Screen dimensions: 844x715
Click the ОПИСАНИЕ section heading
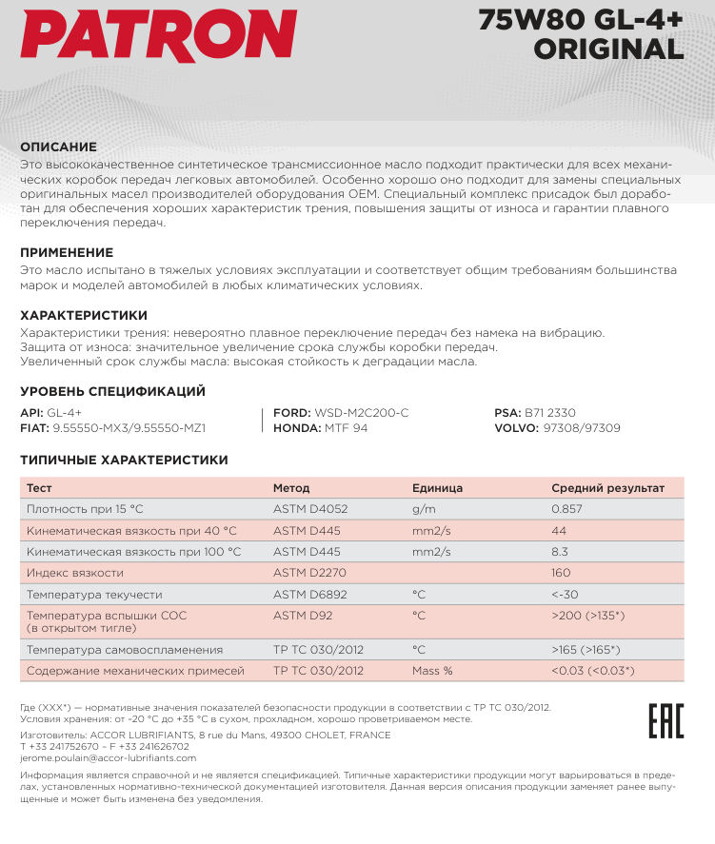(x=59, y=147)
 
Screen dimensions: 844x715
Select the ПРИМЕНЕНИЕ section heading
(x=67, y=253)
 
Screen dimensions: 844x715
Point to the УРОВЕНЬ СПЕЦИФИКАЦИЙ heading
(x=113, y=391)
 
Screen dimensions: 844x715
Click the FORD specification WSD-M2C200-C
(x=341, y=413)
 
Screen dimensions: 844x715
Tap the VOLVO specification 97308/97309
(x=557, y=428)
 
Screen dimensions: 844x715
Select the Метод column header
(x=291, y=488)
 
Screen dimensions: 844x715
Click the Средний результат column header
(x=607, y=488)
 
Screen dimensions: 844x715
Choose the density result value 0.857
(x=566, y=509)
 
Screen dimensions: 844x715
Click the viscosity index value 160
(x=561, y=573)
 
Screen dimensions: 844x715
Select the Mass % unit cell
(x=432, y=671)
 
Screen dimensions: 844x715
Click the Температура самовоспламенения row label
(x=125, y=650)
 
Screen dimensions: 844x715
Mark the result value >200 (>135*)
(x=587, y=616)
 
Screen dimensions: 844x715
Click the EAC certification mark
(x=665, y=721)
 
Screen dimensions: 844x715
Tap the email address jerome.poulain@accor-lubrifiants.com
(x=108, y=758)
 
